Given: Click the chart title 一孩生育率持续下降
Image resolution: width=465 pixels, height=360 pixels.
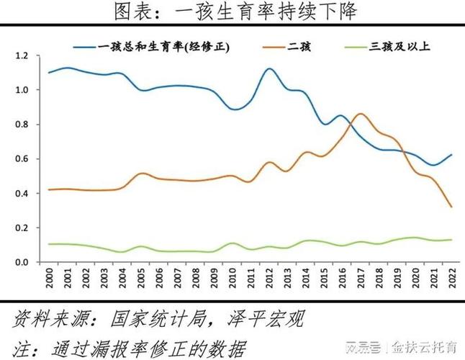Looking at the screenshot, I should [x=233, y=12].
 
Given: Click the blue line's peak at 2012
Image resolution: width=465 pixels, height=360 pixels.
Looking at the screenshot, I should [x=268, y=69].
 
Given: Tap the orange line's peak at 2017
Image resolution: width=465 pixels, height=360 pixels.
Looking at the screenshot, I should [x=361, y=114].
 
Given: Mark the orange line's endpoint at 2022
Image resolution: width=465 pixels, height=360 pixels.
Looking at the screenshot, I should [x=451, y=207].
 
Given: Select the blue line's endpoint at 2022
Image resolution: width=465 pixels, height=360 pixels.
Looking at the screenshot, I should [x=451, y=155].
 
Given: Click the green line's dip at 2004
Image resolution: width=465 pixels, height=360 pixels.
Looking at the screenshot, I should [x=122, y=252].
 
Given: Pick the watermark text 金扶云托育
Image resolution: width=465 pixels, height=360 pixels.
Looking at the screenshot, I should [x=425, y=348].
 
